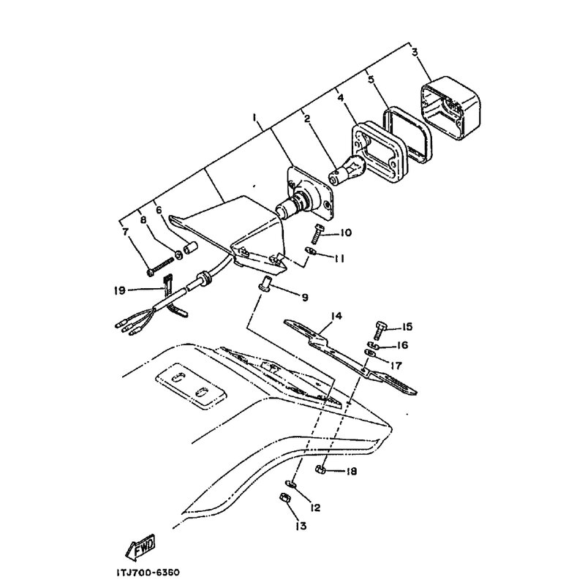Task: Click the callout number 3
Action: click(x=415, y=52)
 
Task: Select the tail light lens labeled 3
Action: click(x=450, y=107)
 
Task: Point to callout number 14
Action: click(x=336, y=316)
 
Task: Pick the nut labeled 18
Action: click(x=320, y=469)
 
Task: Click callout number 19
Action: click(x=120, y=290)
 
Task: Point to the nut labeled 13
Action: click(x=285, y=498)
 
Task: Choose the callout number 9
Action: click(x=305, y=298)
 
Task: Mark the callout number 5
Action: click(x=371, y=80)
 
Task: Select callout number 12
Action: click(x=315, y=507)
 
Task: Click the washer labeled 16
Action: click(x=374, y=344)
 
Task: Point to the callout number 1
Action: click(x=254, y=118)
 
